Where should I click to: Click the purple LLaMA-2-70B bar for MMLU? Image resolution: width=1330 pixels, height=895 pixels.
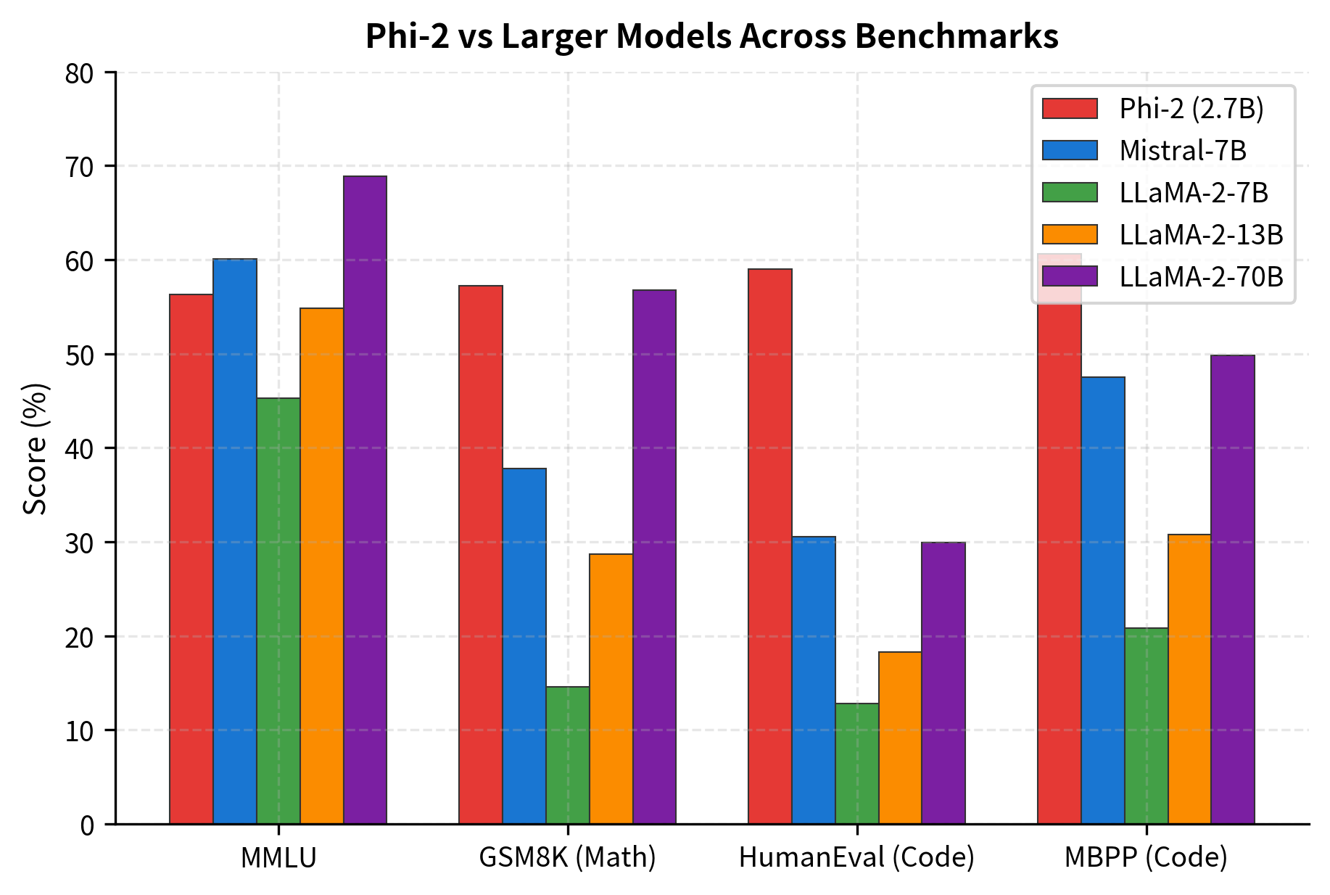click(x=365, y=500)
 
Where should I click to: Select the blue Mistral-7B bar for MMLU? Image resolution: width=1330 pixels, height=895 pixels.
click(x=235, y=541)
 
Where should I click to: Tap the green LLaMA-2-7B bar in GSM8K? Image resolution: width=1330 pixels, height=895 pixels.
click(x=567, y=755)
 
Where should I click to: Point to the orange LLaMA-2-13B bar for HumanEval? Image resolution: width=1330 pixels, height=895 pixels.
click(x=900, y=738)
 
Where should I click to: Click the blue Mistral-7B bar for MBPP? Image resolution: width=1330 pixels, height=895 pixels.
click(x=1102, y=601)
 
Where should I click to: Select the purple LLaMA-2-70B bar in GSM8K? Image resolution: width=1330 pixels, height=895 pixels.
click(x=654, y=557)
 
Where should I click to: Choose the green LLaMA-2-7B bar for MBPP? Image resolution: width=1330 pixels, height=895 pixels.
click(x=1146, y=726)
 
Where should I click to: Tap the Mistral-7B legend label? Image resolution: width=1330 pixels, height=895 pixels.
click(x=1182, y=151)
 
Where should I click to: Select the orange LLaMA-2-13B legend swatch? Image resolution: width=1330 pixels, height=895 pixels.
click(x=1070, y=234)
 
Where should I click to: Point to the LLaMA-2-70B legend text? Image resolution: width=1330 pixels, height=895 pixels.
click(x=1201, y=276)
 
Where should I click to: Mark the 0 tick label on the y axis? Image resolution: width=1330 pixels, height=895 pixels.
click(x=87, y=825)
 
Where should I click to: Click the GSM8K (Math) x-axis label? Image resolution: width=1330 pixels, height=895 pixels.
click(x=567, y=858)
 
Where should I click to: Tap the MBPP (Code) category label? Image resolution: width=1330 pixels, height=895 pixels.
click(x=1146, y=858)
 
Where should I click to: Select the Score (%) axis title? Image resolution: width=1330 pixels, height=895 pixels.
click(x=35, y=448)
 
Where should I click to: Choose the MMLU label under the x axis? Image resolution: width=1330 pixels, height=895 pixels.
click(x=278, y=858)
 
